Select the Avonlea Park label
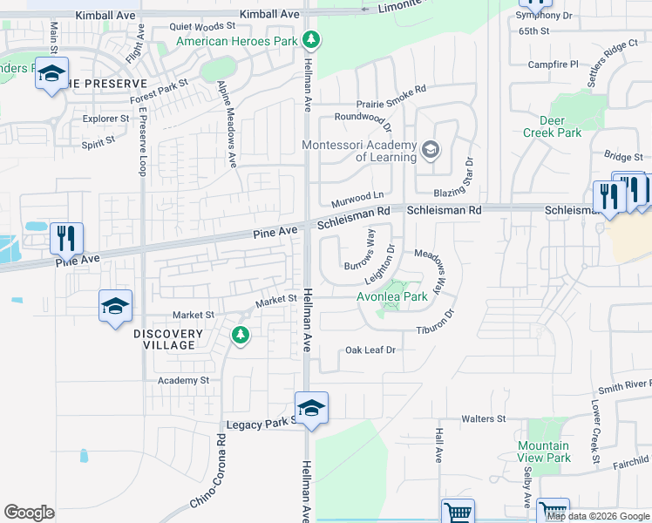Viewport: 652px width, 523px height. [x=392, y=296]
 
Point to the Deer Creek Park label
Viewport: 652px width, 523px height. [x=552, y=127]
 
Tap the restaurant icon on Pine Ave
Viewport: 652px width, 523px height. [x=66, y=236]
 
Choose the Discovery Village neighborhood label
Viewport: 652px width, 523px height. [x=168, y=339]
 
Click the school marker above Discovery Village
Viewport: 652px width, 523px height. [x=115, y=306]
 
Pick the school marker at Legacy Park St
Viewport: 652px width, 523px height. [x=311, y=406]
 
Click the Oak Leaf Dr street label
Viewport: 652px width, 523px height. [x=370, y=350]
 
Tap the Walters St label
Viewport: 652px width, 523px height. [x=484, y=419]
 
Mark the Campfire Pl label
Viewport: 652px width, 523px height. [x=554, y=65]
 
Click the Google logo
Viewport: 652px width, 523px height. [x=29, y=513]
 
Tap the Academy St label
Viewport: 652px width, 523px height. [x=183, y=380]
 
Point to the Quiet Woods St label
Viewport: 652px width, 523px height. [x=202, y=27]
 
